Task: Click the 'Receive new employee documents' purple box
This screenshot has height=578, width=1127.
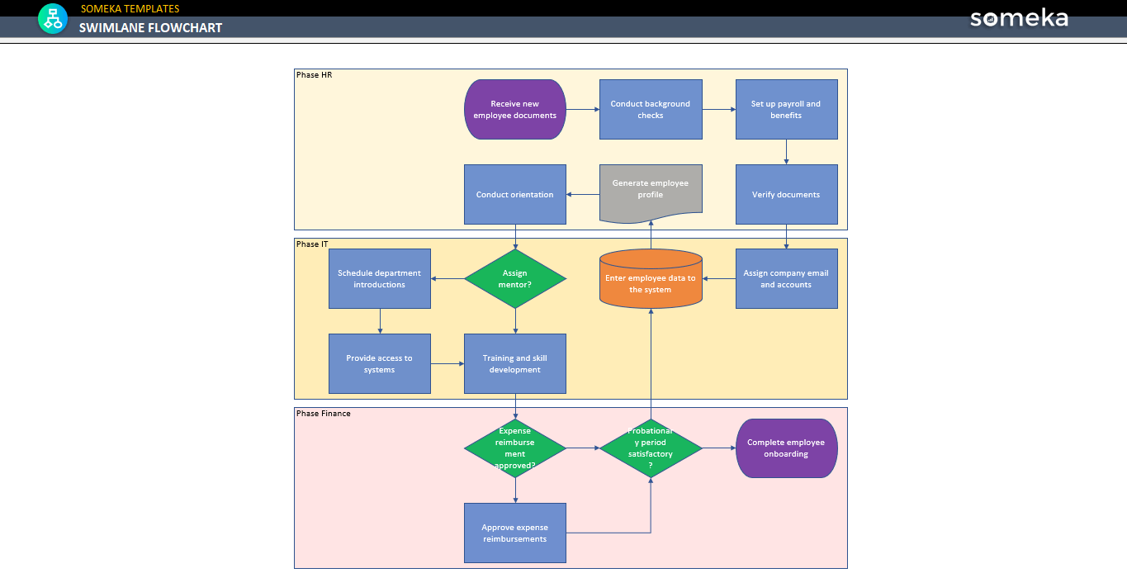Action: (514, 110)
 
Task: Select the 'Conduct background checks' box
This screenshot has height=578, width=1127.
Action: (651, 110)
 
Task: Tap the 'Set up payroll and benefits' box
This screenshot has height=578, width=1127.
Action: (786, 110)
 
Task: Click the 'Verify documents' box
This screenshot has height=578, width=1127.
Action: (786, 195)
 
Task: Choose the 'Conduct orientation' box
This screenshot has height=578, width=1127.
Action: (514, 195)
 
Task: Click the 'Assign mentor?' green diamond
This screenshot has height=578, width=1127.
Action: (515, 279)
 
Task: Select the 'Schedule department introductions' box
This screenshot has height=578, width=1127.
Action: (379, 279)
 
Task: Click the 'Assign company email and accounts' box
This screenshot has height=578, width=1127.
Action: (786, 279)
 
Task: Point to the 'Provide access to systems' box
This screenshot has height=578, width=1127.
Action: (379, 364)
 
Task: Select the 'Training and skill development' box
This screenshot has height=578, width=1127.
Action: (514, 364)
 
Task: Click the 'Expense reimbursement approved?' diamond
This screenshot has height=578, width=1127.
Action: (515, 448)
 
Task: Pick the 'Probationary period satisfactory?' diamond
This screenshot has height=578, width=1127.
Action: (651, 448)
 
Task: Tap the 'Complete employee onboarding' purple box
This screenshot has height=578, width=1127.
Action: (786, 448)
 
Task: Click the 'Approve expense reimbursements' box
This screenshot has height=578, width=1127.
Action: (514, 533)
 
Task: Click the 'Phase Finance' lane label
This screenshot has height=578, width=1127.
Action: (323, 414)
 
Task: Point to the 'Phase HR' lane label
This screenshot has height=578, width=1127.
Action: (314, 75)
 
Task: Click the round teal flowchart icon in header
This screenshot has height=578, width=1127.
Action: (53, 18)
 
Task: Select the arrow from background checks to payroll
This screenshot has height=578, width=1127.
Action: (718, 110)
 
